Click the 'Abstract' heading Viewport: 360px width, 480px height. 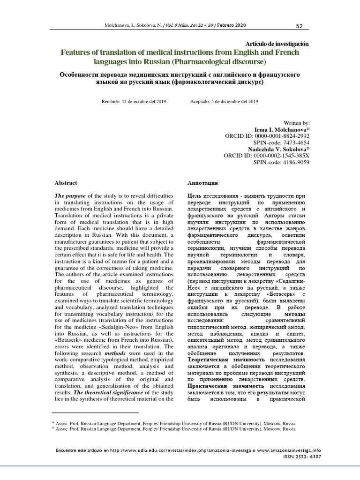point(66,183)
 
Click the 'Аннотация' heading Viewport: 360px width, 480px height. point(202,183)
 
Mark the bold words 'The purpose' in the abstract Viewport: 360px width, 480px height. point(70,195)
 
